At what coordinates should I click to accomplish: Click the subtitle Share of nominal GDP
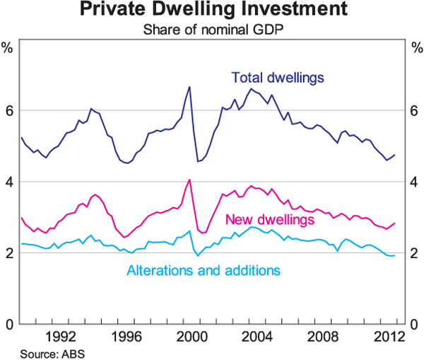coord(212,30)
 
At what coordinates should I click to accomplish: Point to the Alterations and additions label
coord(204,270)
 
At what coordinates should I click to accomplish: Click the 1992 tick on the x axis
coord(60,335)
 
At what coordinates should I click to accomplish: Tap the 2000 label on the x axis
coord(189,335)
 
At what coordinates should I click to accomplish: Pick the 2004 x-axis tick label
coord(253,335)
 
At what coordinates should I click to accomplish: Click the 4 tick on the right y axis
coord(415,182)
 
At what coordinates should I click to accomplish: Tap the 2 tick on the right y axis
coord(415,253)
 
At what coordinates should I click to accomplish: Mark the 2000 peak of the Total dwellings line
coord(189,86)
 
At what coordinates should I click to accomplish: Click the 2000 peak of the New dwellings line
coord(189,180)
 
